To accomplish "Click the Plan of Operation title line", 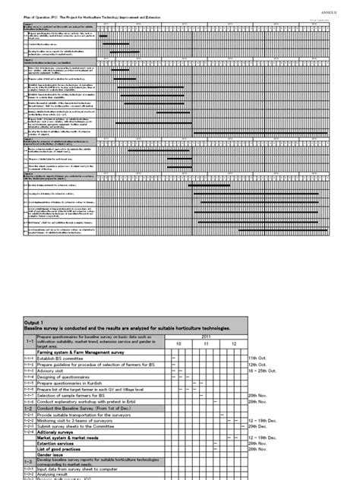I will pos(84,14).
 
